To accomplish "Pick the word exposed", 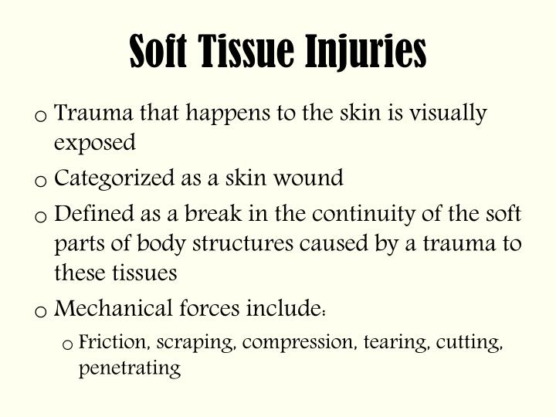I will coord(95,143).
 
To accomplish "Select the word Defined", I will coord(92,214).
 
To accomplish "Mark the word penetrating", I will coord(129,368).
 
